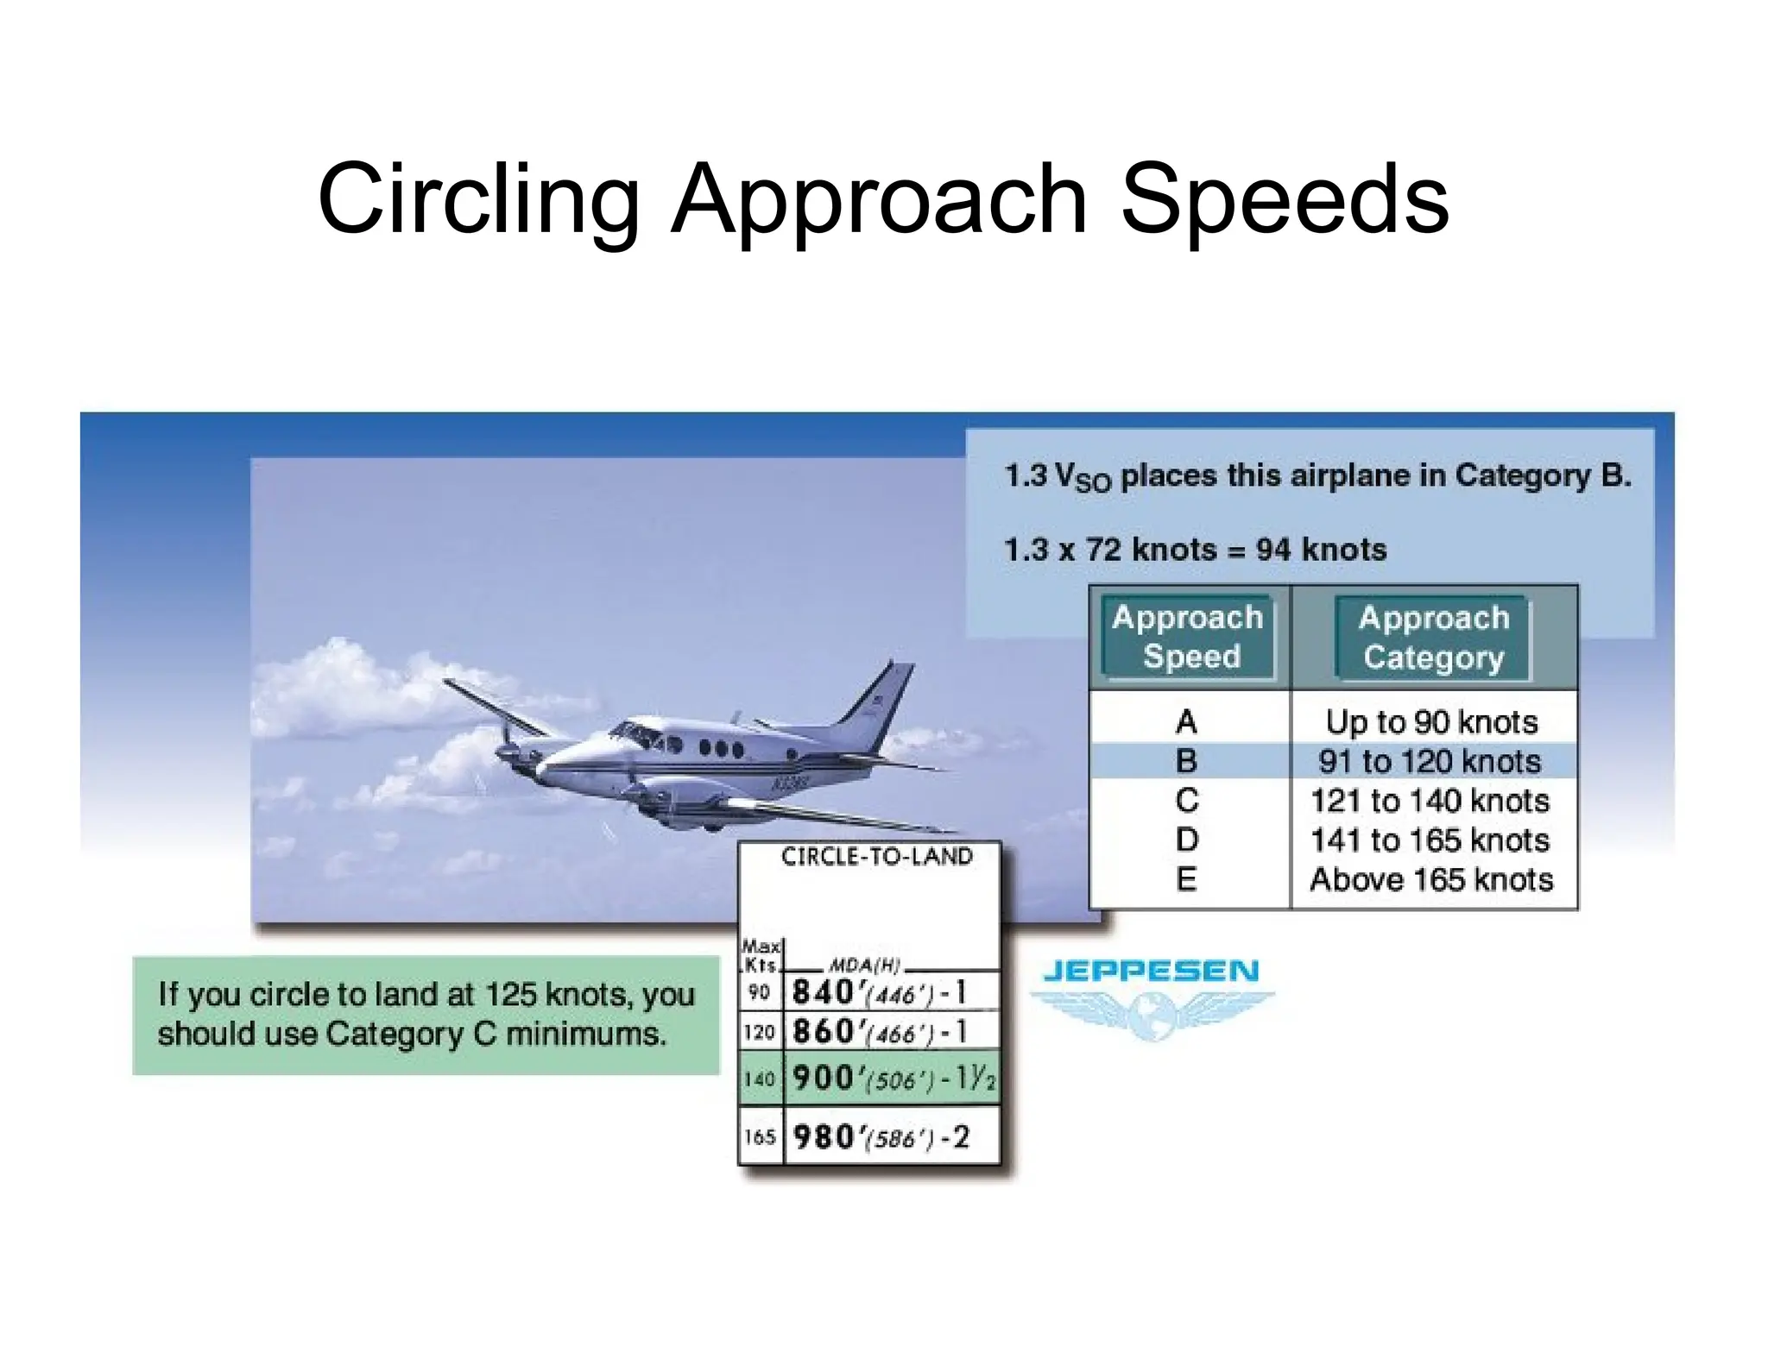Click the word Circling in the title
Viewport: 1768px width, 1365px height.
point(477,200)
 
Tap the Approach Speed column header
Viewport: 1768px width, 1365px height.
point(1187,637)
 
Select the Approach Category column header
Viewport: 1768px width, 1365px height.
point(1433,638)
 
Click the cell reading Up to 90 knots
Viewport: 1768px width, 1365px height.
point(1431,721)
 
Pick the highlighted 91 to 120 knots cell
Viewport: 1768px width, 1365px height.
point(1429,761)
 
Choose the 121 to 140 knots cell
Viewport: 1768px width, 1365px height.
point(1430,801)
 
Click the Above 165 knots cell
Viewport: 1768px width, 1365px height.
point(1430,879)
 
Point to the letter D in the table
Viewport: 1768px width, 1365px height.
point(1186,840)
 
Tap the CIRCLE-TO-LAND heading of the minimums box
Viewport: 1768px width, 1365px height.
point(876,856)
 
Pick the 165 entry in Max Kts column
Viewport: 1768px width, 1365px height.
point(760,1137)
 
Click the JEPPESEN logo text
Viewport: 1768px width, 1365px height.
point(1151,972)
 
